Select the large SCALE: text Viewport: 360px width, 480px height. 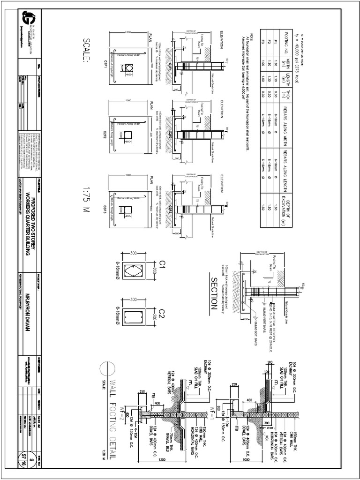coord(87,50)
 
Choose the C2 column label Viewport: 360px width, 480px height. coord(162,313)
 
